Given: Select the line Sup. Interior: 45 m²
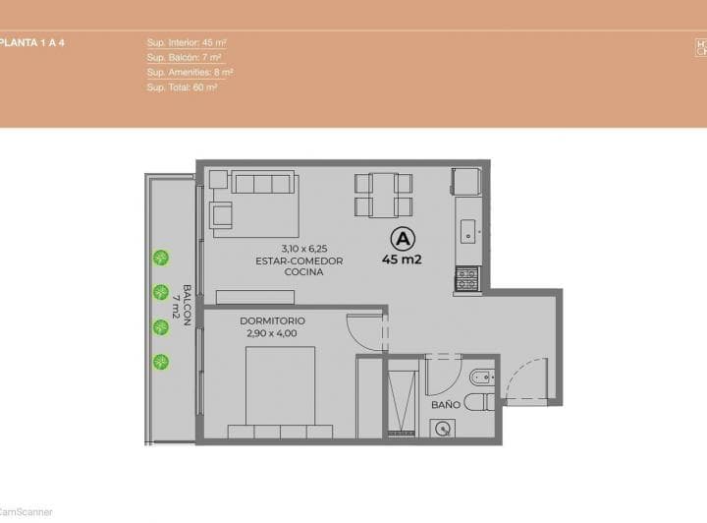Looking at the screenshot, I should pyautogui.click(x=187, y=43).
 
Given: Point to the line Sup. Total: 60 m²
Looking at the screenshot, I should pyautogui.click(x=182, y=87).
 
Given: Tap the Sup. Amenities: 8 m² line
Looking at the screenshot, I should pyautogui.click(x=190, y=73).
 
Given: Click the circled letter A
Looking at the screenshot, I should pyautogui.click(x=401, y=238).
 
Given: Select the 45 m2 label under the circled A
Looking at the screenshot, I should pyautogui.click(x=402, y=261).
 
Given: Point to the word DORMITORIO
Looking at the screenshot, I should pyautogui.click(x=272, y=320).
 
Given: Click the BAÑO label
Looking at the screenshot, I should pyautogui.click(x=445, y=404).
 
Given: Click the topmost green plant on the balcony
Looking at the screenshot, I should pyautogui.click(x=160, y=258).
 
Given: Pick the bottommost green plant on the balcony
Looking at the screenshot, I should pyautogui.click(x=160, y=361).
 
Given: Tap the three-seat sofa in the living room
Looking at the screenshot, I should pyautogui.click(x=262, y=184).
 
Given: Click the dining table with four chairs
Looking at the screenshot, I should pyautogui.click(x=383, y=194).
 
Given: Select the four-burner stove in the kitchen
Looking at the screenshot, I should pyautogui.click(x=466, y=279).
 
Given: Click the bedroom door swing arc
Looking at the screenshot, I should pyautogui.click(x=365, y=331).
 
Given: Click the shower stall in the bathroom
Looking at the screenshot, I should pyautogui.click(x=403, y=398).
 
